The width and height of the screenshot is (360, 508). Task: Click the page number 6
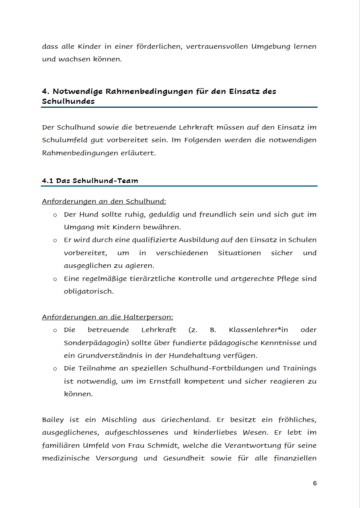315,483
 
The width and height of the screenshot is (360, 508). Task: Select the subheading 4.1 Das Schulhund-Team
90,181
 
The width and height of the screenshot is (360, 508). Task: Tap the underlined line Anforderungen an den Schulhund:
104,202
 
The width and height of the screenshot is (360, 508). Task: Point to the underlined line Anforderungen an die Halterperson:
107,317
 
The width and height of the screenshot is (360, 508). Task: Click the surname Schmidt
165,445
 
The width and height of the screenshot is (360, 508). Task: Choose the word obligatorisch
88,291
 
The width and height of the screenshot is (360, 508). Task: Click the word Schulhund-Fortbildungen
216,369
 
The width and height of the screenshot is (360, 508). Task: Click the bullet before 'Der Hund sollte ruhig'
55,215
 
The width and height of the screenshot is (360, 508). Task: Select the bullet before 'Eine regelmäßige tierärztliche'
55,279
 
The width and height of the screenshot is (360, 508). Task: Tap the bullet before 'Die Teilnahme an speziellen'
55,369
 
